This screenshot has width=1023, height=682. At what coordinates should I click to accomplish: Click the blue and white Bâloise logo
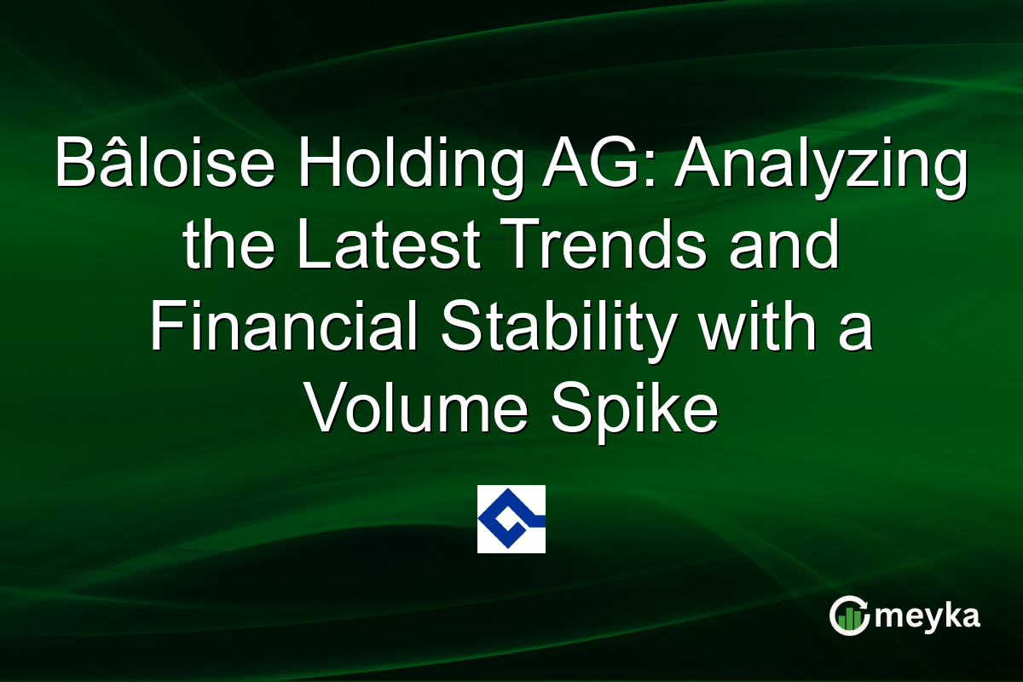pyautogui.click(x=511, y=518)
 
